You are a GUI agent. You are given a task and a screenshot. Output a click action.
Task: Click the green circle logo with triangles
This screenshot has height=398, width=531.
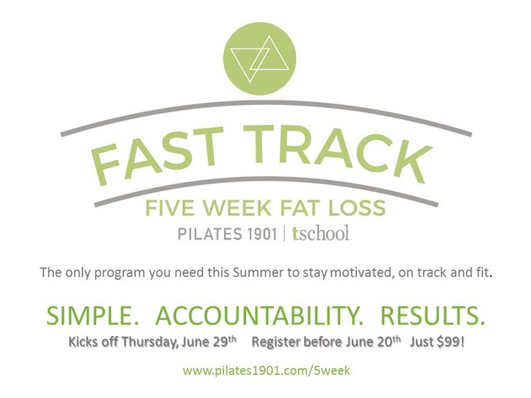pos(260,59)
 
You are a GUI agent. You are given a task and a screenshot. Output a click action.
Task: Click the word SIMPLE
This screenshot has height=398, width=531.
pos(93,316)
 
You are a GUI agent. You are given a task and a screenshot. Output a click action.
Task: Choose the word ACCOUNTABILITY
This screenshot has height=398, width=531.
pos(259,316)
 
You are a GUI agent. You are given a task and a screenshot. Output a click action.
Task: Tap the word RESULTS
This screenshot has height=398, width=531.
pos(432,316)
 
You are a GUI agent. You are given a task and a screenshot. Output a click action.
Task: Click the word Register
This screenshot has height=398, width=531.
pos(277,342)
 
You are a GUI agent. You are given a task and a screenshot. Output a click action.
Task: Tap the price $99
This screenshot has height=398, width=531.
pos(451,342)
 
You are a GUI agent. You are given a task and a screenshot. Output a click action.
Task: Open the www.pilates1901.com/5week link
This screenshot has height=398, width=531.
pos(266,370)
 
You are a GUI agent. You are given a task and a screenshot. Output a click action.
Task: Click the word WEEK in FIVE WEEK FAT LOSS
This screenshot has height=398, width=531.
pos(237,207)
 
